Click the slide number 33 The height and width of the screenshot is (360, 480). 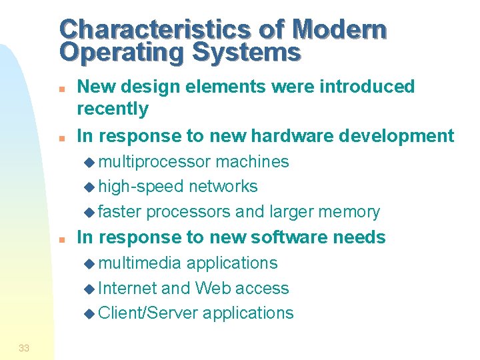(24, 347)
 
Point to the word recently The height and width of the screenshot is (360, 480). (113, 109)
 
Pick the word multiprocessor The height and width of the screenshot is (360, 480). (155, 162)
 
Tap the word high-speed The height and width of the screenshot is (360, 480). (141, 187)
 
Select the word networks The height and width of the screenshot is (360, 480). (223, 187)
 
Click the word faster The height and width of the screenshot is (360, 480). (120, 212)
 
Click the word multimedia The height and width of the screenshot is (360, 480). (139, 263)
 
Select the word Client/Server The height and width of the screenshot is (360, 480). (147, 313)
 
